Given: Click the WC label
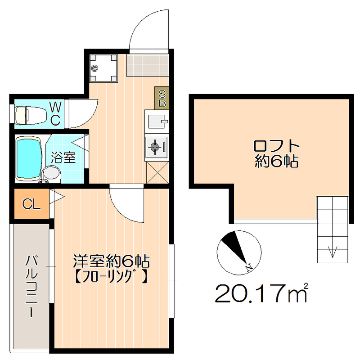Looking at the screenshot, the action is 55,113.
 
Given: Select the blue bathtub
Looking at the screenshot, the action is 29,158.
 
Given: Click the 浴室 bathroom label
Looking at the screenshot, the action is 63,157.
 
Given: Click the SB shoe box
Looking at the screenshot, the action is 162,98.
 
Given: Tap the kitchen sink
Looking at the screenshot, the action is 157,121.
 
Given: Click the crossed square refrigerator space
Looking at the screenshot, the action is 157,172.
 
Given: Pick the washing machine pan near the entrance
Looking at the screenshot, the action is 103,68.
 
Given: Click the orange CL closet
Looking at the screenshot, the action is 31,204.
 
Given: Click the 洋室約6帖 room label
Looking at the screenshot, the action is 111,261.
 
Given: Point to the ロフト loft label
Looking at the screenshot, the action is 276,146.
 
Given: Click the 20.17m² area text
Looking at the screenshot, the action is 261,293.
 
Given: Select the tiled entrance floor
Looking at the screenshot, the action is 148,65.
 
